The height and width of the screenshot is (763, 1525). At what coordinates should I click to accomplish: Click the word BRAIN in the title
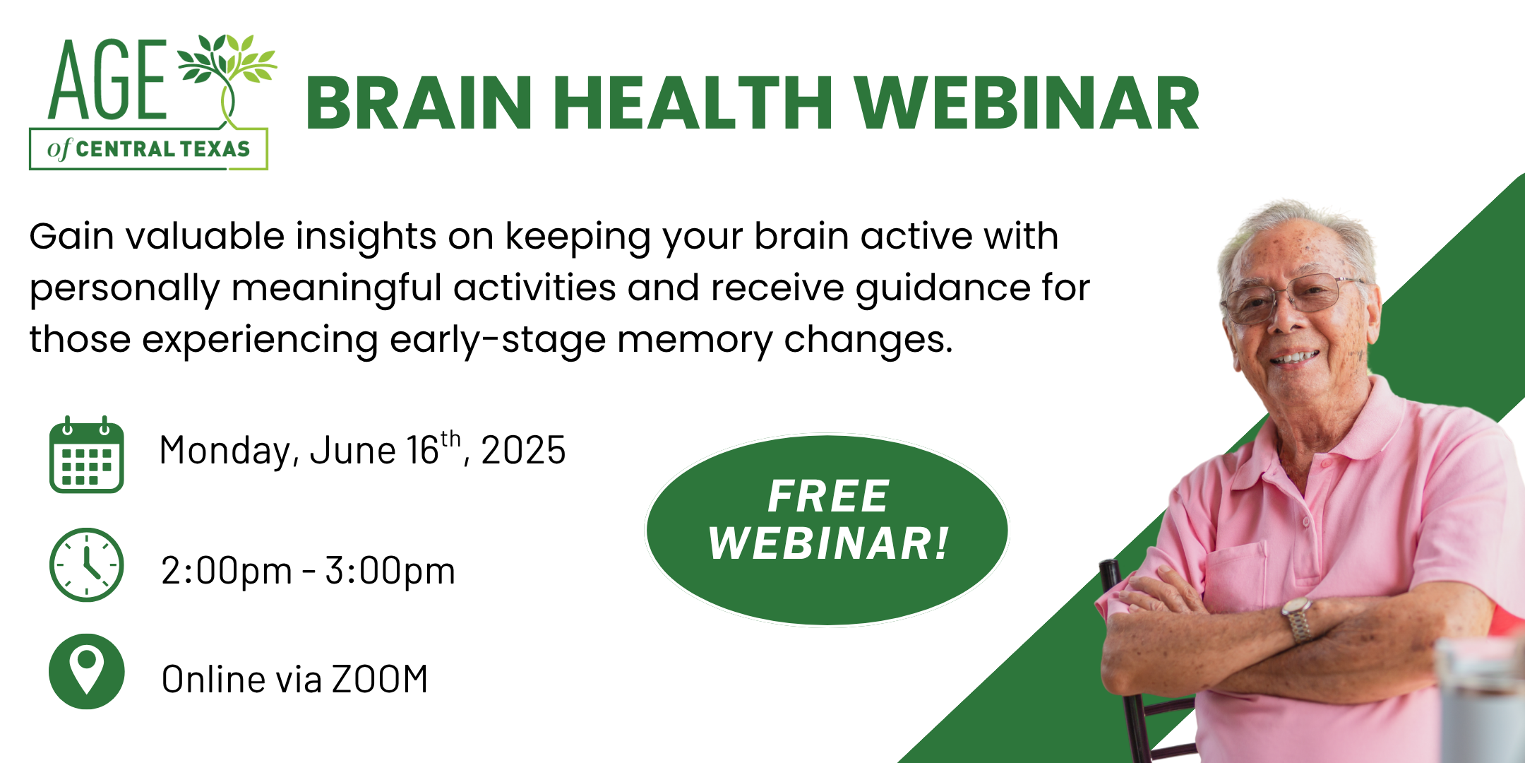click(419, 104)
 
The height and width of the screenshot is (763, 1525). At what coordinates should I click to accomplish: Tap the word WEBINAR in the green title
click(1027, 104)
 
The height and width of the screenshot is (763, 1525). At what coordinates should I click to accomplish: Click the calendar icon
click(86, 454)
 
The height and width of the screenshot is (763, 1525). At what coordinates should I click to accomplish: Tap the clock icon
click(86, 565)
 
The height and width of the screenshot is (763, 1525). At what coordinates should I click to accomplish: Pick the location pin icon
click(86, 671)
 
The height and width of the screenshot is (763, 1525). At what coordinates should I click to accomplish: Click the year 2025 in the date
click(523, 451)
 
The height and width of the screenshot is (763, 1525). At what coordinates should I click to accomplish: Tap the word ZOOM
click(380, 680)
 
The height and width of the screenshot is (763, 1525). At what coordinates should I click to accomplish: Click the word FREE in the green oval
click(827, 496)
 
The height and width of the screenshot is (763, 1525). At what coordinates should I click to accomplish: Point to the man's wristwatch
click(1298, 619)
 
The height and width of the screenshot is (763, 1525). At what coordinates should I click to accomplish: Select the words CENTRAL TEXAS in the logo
click(163, 149)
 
